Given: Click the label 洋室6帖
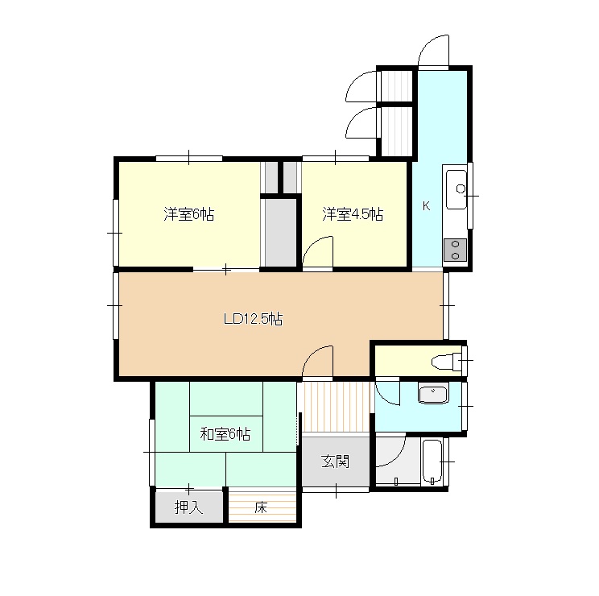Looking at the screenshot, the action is [188, 214].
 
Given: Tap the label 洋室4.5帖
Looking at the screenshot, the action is [353, 214].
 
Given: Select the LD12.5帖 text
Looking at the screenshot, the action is [253, 319].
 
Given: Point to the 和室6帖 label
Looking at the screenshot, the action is [225, 434].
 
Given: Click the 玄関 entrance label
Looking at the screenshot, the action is [336, 461].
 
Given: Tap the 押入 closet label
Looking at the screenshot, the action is [188, 507].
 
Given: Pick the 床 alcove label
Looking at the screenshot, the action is [261, 507].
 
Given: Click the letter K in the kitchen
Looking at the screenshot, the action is [427, 206].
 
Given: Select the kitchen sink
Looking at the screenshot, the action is [456, 189].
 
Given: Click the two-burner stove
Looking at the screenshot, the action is [455, 250].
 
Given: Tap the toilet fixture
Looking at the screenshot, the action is [447, 362].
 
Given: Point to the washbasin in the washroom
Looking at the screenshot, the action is [433, 395].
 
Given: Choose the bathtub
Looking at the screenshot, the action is [432, 461].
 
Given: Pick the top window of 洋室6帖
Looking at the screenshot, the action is [189, 158].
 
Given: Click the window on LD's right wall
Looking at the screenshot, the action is [446, 305].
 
